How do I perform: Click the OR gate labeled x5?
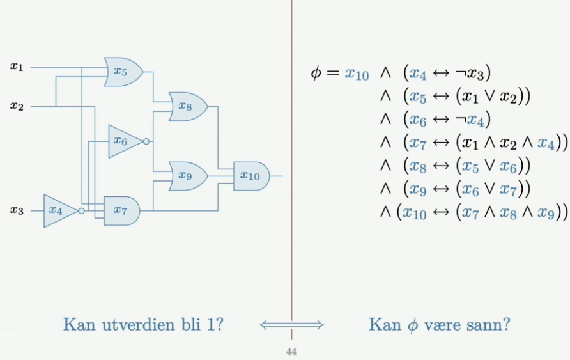(122, 71)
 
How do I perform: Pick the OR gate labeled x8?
(186, 107)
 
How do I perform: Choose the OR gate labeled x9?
(186, 176)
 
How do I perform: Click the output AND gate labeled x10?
(250, 176)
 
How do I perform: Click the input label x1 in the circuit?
(17, 66)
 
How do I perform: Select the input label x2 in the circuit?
(17, 106)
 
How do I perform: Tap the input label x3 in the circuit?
(17, 210)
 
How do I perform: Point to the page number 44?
(291, 351)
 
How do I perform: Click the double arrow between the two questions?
(291, 325)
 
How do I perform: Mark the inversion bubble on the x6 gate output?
(147, 141)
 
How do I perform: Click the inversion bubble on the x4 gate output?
(81, 210)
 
